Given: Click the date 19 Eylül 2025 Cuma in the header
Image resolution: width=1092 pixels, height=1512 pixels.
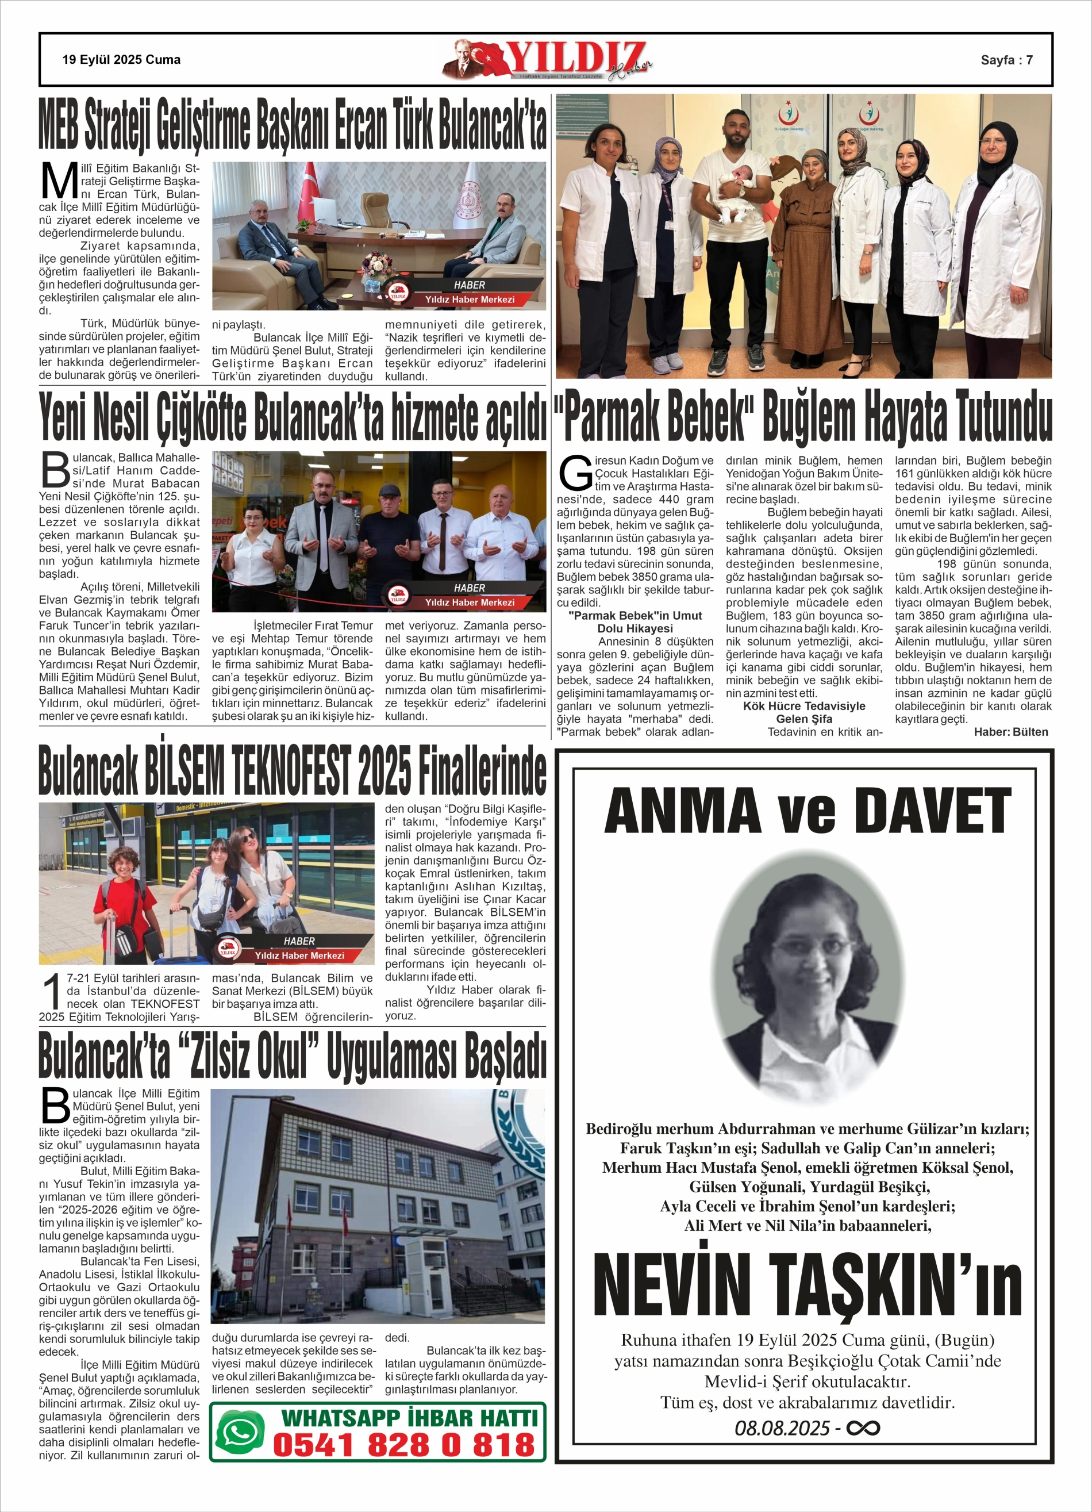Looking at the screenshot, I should point(121,60).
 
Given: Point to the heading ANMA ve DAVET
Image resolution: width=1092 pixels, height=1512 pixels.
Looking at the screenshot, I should point(808,811).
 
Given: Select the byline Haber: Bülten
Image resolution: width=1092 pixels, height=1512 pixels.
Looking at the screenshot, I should point(1010,732).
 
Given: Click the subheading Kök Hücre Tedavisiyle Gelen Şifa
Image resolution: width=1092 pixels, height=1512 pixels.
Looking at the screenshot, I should point(804,712).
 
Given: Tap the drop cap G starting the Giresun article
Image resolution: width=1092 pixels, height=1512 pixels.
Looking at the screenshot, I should point(574,473).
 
